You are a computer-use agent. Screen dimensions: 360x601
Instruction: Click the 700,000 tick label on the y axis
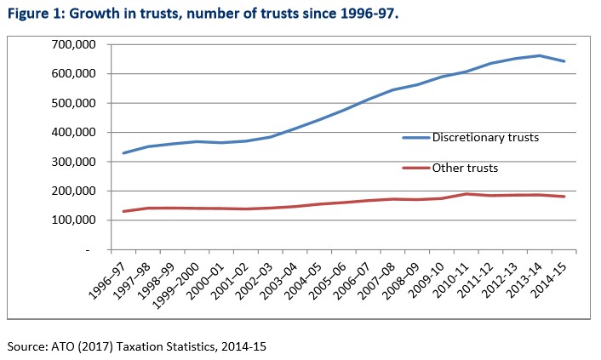click(74, 45)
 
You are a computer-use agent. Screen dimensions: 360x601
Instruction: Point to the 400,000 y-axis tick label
click(74, 133)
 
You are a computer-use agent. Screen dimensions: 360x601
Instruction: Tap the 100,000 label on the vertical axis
click(74, 220)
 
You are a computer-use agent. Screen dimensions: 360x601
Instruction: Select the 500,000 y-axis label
click(74, 104)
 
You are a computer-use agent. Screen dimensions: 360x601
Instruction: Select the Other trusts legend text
click(466, 169)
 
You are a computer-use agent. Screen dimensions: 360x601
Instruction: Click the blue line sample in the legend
click(416, 137)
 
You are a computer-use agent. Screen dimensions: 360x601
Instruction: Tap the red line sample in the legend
click(416, 169)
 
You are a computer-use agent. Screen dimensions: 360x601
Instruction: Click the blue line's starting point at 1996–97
click(123, 153)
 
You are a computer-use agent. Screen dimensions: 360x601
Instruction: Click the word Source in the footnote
click(25, 346)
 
